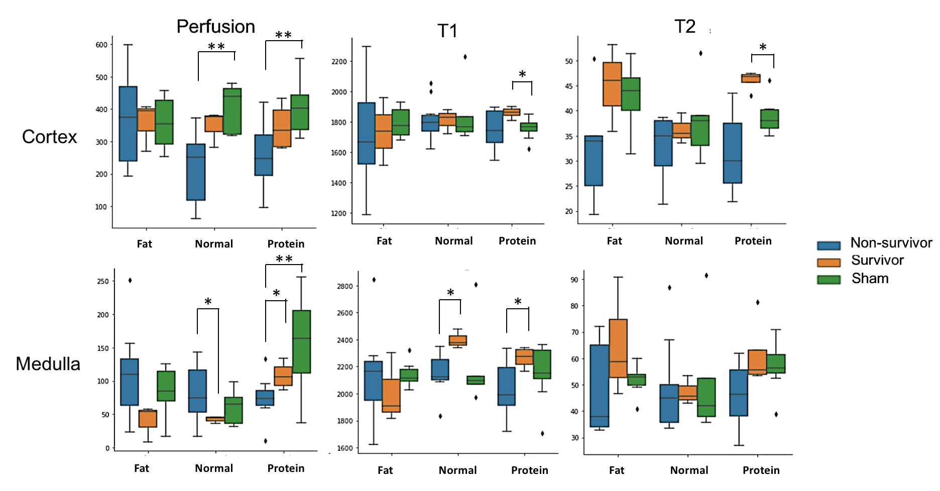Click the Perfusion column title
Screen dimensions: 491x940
pos(215,27)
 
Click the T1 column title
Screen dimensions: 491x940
pos(447,31)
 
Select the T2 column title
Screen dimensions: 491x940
pos(684,27)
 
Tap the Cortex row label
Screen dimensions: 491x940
pos(49,137)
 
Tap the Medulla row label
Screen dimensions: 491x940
pos(48,363)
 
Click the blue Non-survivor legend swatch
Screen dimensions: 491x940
pos(829,245)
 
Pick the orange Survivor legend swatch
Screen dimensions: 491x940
pos(829,263)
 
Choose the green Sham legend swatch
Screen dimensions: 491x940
pos(829,280)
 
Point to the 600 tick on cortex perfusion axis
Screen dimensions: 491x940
pos(101,45)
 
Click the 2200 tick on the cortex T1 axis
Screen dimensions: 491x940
pos(339,62)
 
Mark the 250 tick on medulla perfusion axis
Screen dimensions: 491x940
pos(103,281)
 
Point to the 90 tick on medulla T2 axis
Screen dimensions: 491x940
pos(574,280)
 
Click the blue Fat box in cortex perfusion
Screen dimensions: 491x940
pos(128,124)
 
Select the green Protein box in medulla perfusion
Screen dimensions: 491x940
pos(301,341)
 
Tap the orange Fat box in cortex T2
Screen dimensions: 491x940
pos(612,84)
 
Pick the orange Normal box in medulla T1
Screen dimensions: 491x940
pos(458,340)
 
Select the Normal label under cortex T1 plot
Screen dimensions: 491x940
pos(453,241)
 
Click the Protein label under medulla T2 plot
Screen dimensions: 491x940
pos(761,470)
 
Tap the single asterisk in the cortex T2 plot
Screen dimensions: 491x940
pos(763,47)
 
